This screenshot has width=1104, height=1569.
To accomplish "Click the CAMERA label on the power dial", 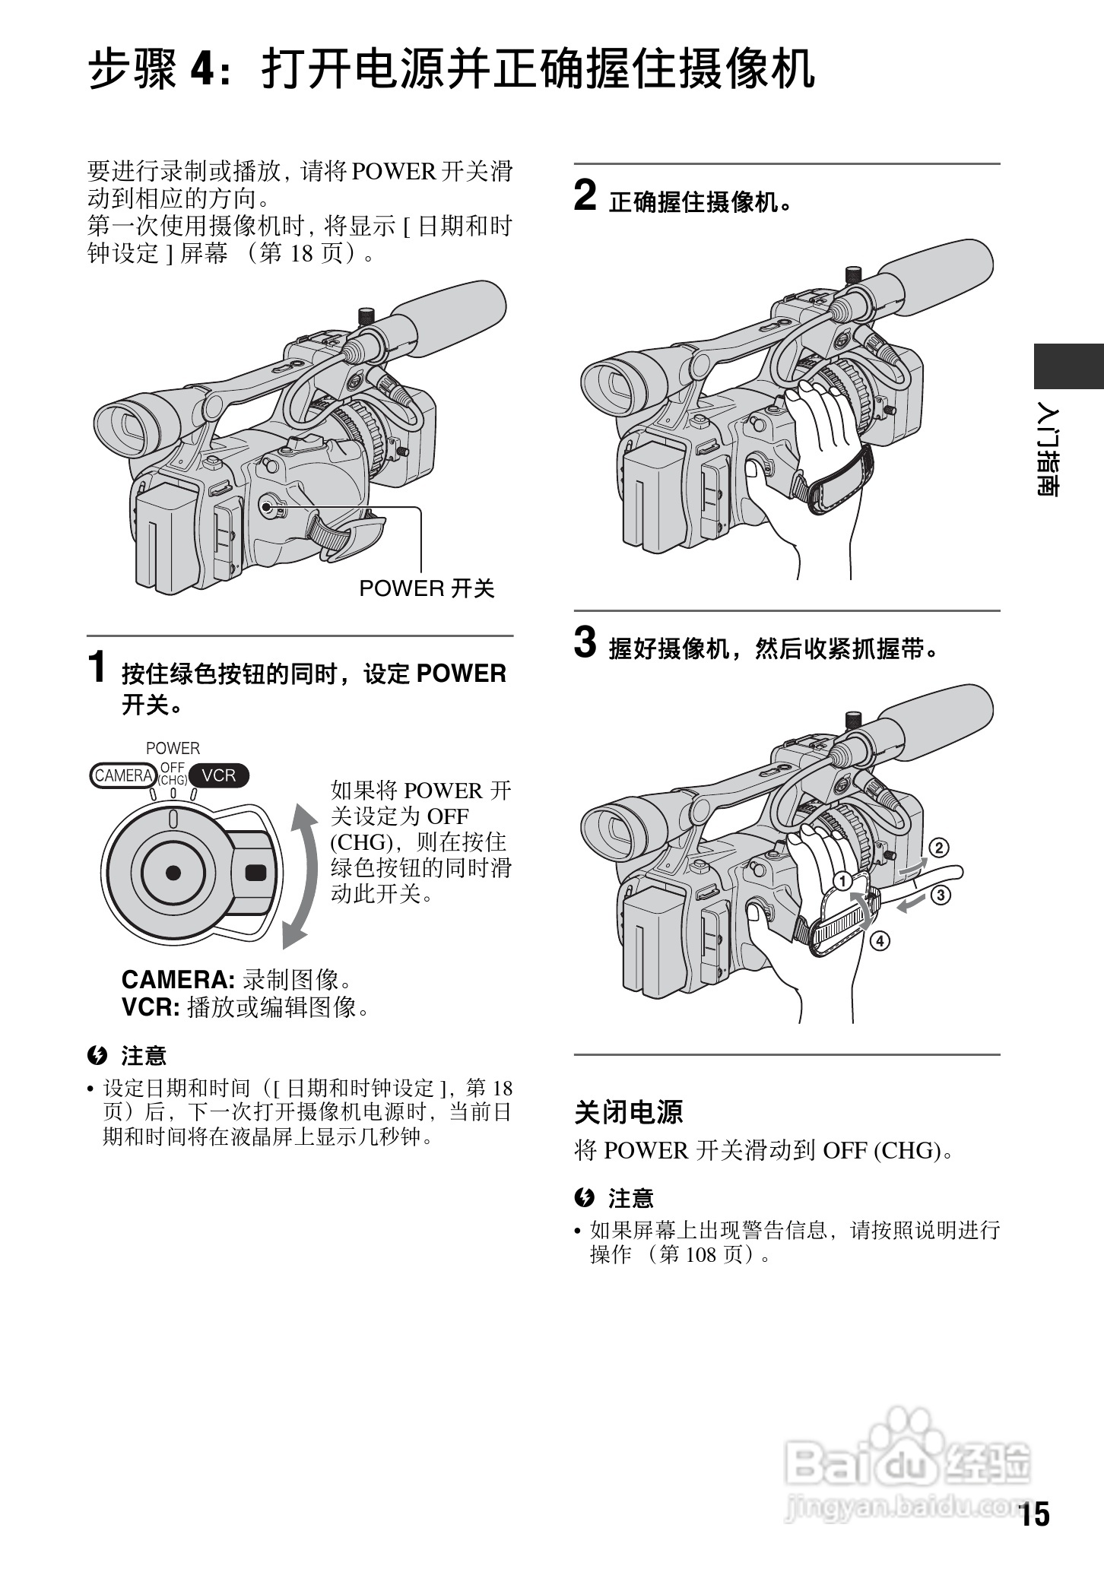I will [x=122, y=775].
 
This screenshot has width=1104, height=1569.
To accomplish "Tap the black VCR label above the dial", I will [x=219, y=775].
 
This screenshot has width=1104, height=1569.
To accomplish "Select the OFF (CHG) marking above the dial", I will [x=173, y=774].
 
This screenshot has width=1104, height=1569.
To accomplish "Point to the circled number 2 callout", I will [x=938, y=848].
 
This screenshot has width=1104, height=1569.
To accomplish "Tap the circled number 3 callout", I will [x=941, y=895].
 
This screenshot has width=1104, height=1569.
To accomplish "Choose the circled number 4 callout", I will [x=879, y=941].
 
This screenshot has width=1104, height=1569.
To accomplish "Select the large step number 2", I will [x=585, y=195].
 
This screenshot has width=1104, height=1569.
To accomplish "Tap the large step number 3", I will [x=585, y=642].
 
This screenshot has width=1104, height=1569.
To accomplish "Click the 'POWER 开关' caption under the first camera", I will [x=427, y=588].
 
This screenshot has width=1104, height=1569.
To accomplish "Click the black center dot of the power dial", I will [x=173, y=872].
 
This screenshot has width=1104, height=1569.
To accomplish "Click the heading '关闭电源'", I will [x=628, y=1111].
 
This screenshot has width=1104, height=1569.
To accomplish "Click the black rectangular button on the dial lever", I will [x=255, y=872].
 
